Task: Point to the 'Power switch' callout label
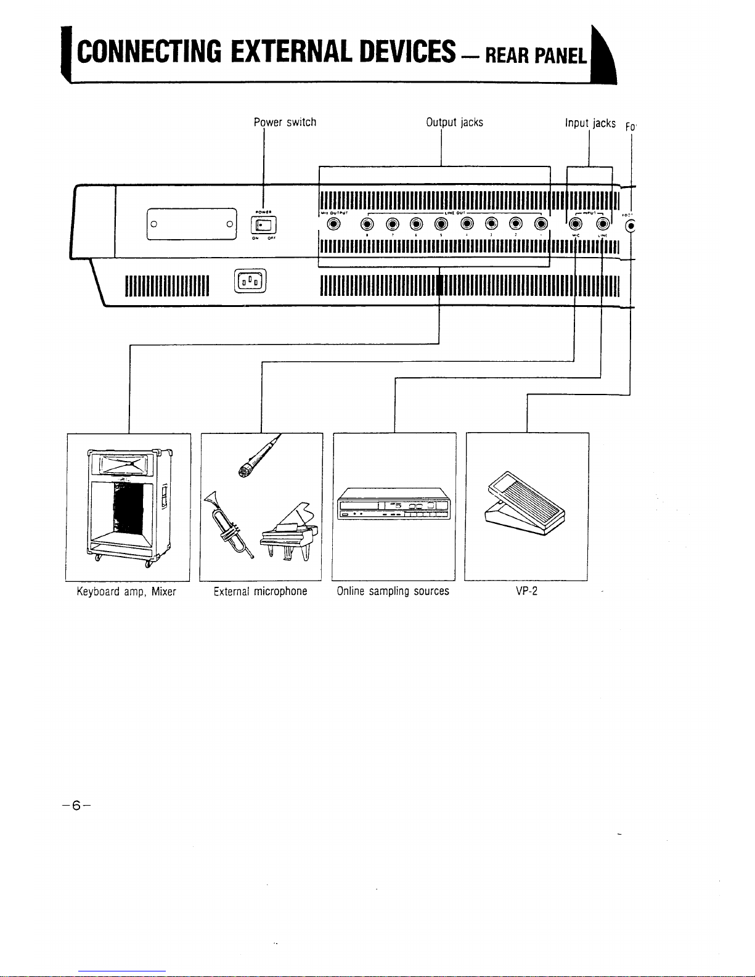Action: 285,122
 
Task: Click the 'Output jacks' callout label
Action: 454,122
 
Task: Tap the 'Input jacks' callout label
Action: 590,123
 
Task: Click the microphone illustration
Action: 256,459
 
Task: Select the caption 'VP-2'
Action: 527,592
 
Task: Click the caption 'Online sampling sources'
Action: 393,592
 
